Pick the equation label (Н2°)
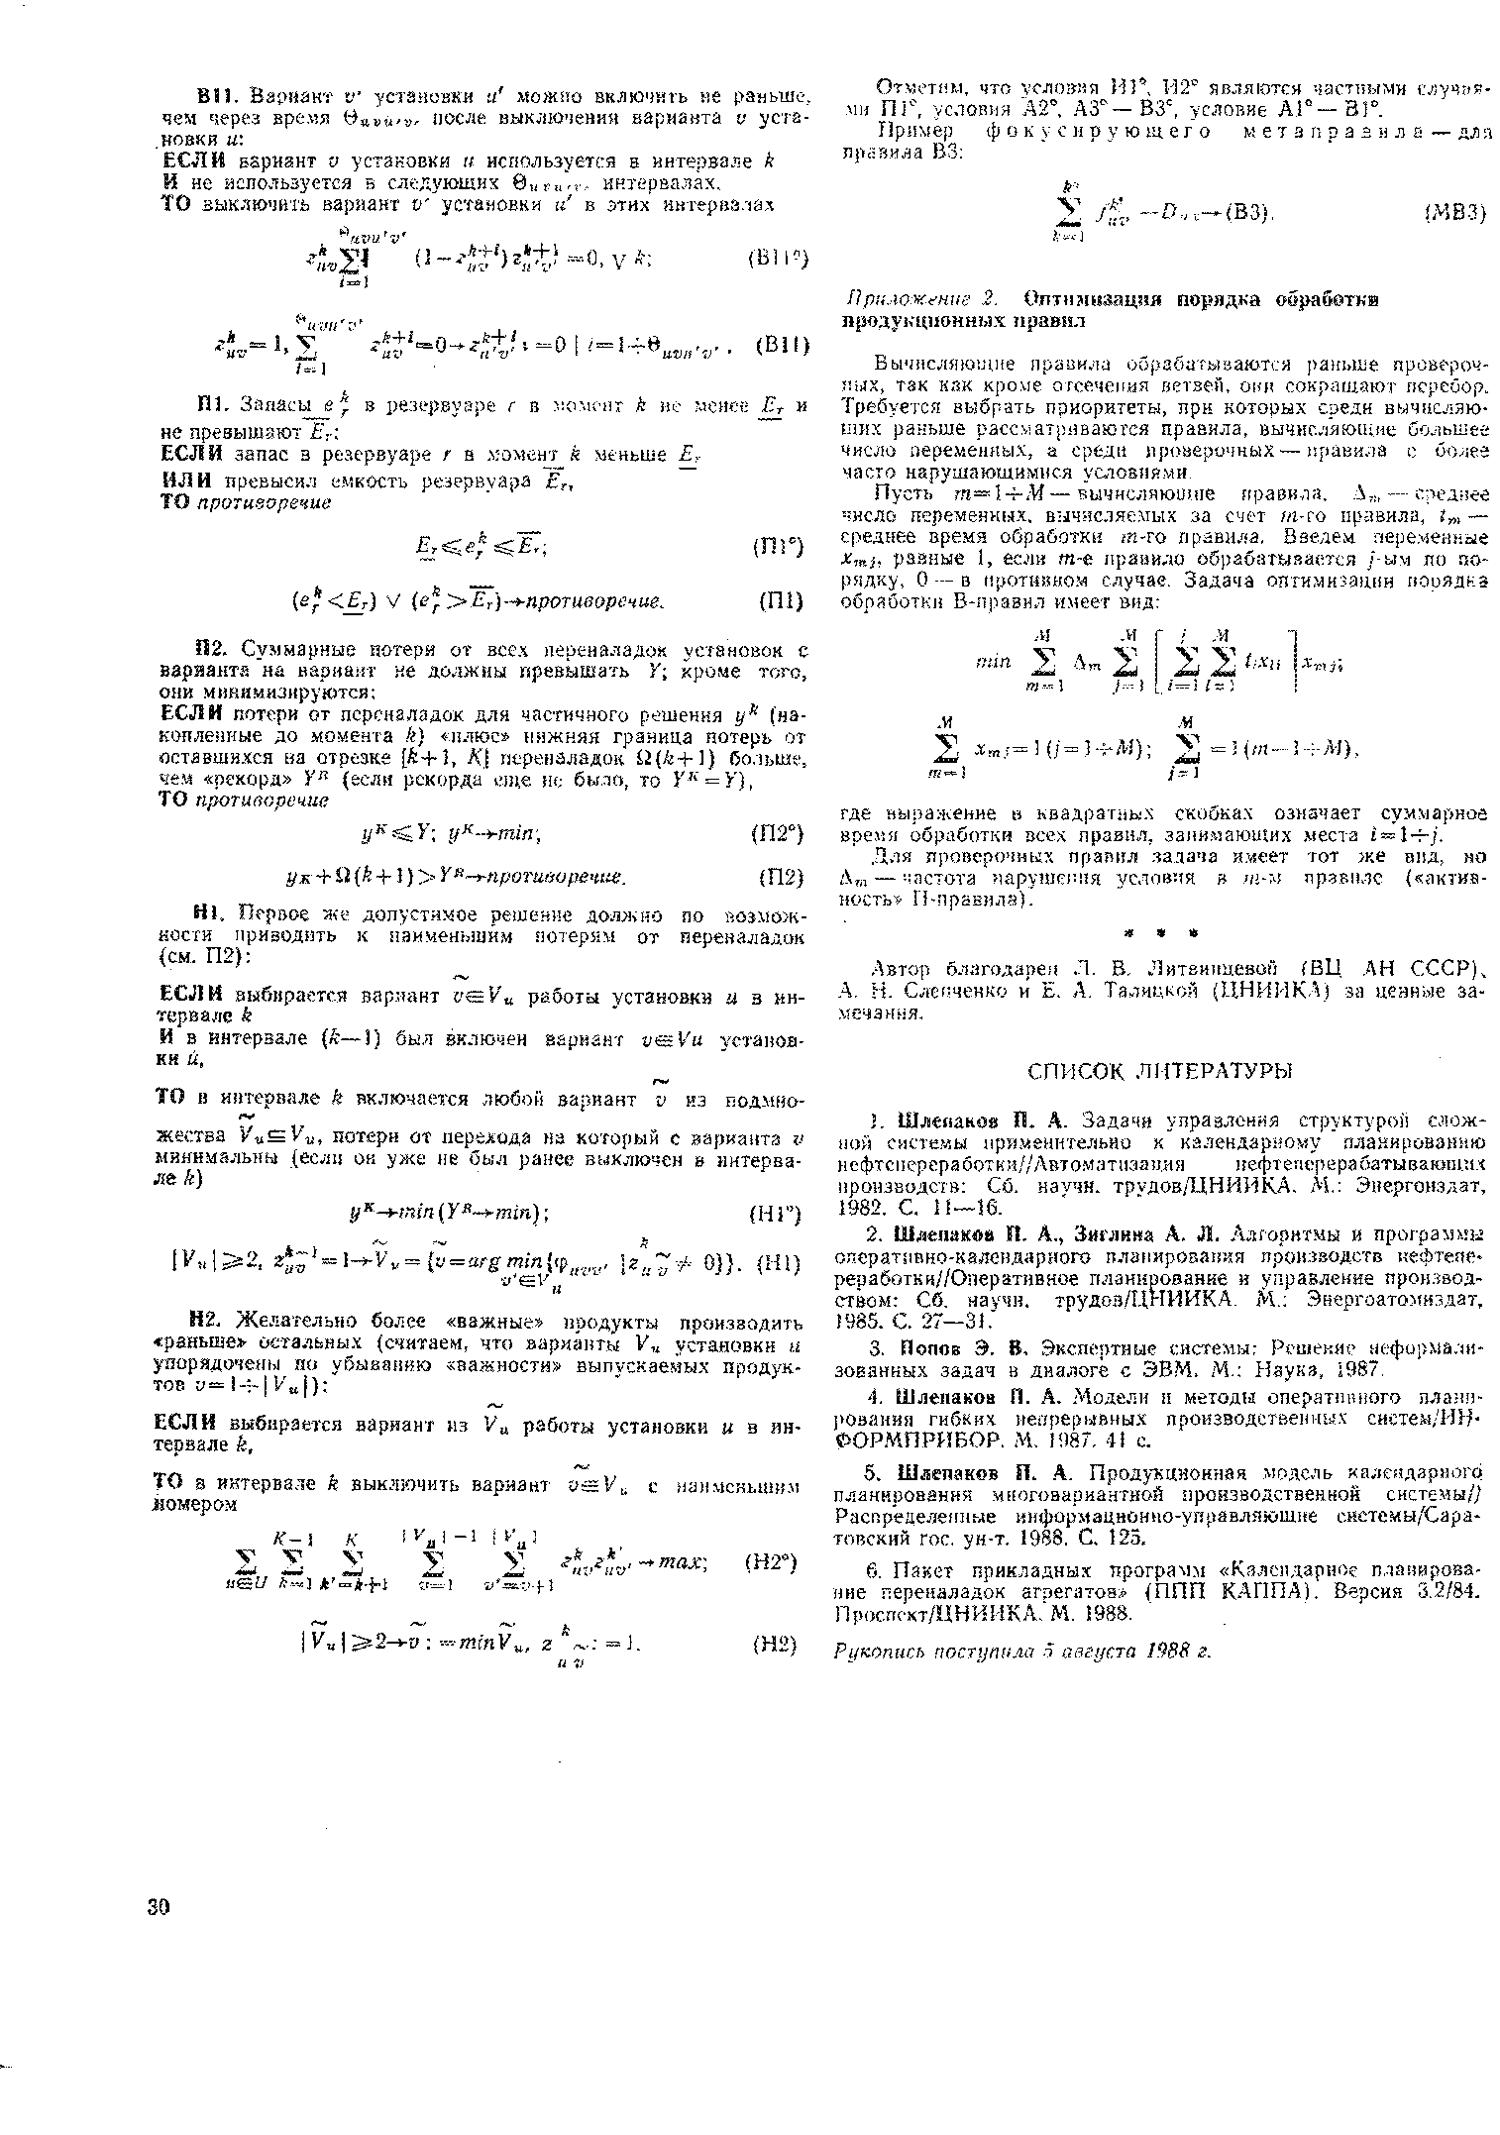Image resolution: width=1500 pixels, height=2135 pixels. click(778, 1561)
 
